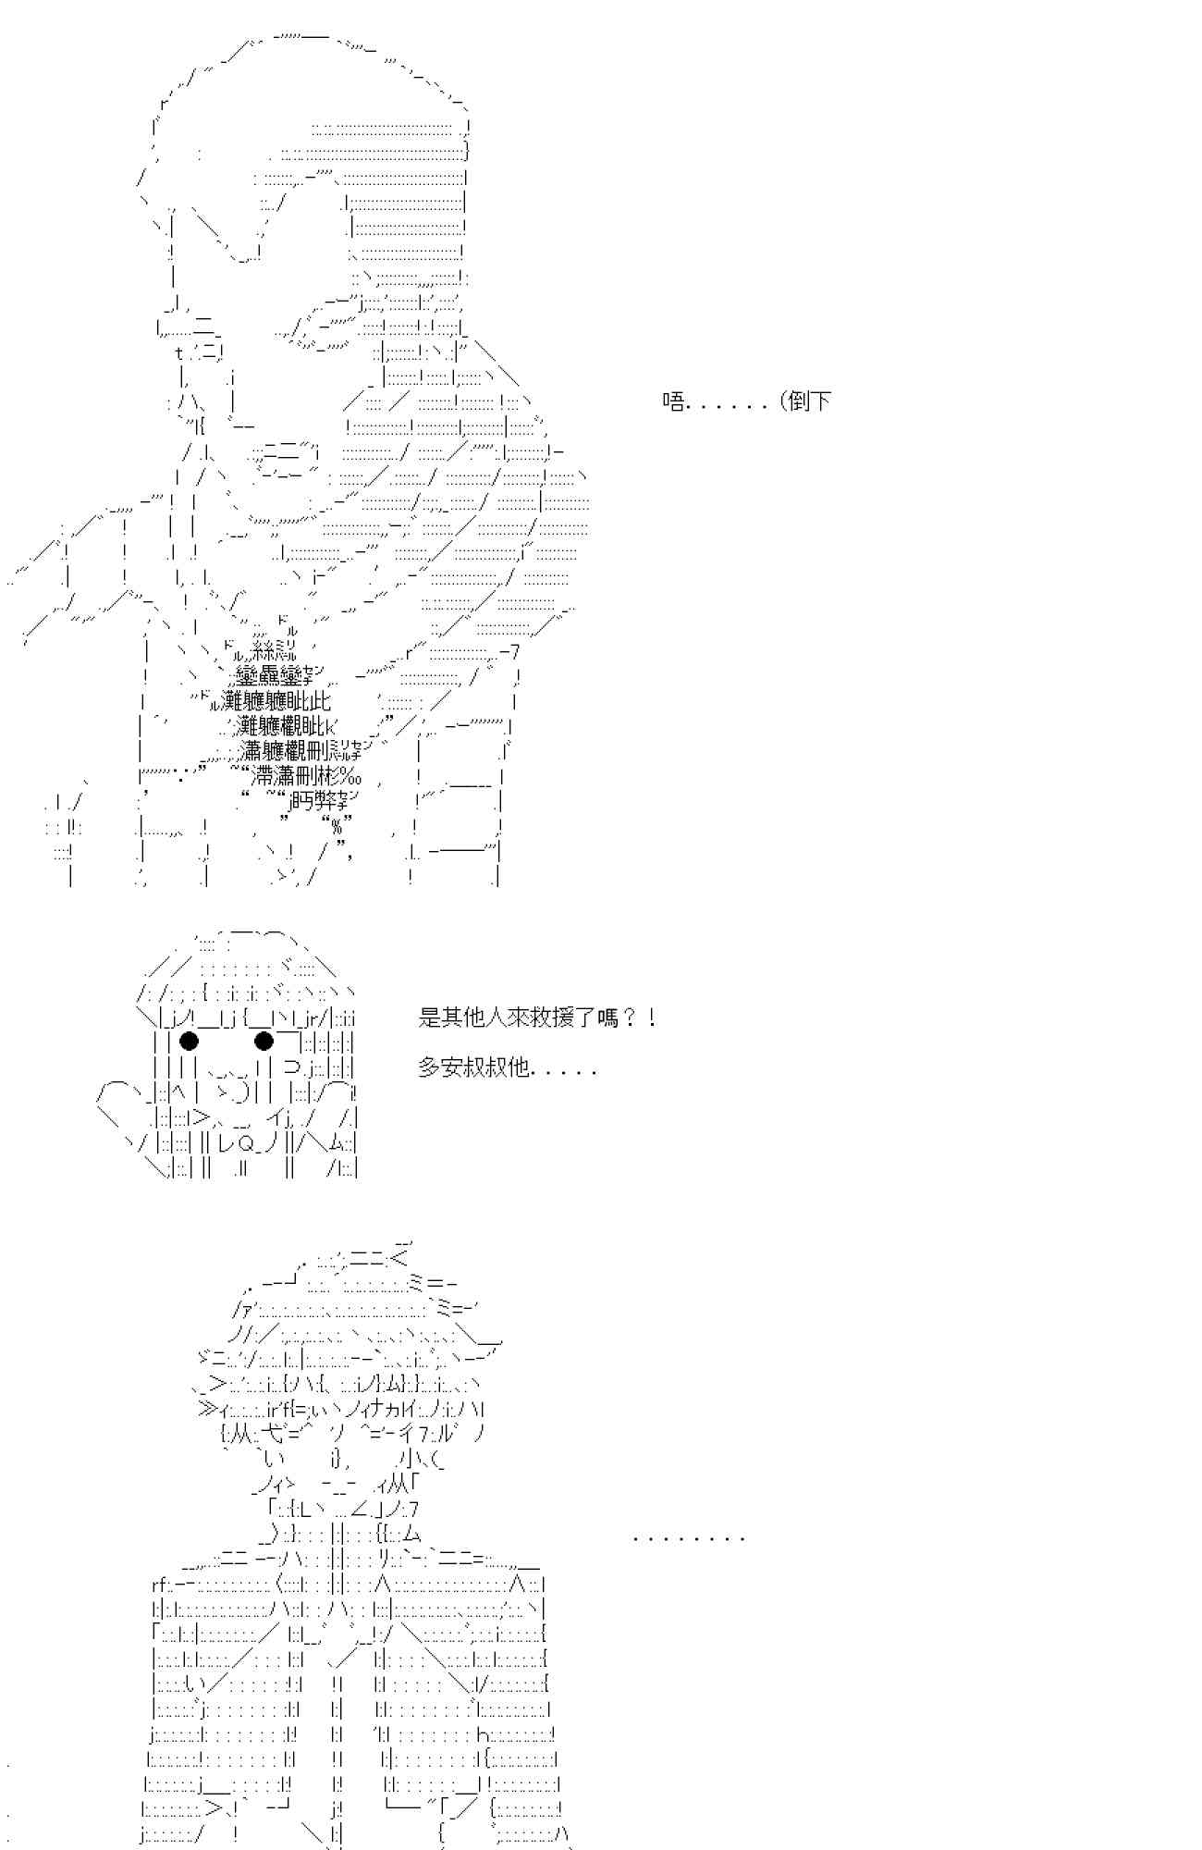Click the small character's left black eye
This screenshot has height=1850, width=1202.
click(x=189, y=1042)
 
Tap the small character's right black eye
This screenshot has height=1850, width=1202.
click(x=264, y=1042)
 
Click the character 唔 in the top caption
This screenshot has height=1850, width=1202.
click(x=673, y=401)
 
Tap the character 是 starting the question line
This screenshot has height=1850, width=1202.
click(x=429, y=1018)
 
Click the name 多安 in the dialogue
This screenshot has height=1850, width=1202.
click(x=440, y=1067)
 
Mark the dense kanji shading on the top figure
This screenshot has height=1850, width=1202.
click(x=277, y=712)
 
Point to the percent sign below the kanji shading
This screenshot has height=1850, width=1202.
click(x=337, y=826)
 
